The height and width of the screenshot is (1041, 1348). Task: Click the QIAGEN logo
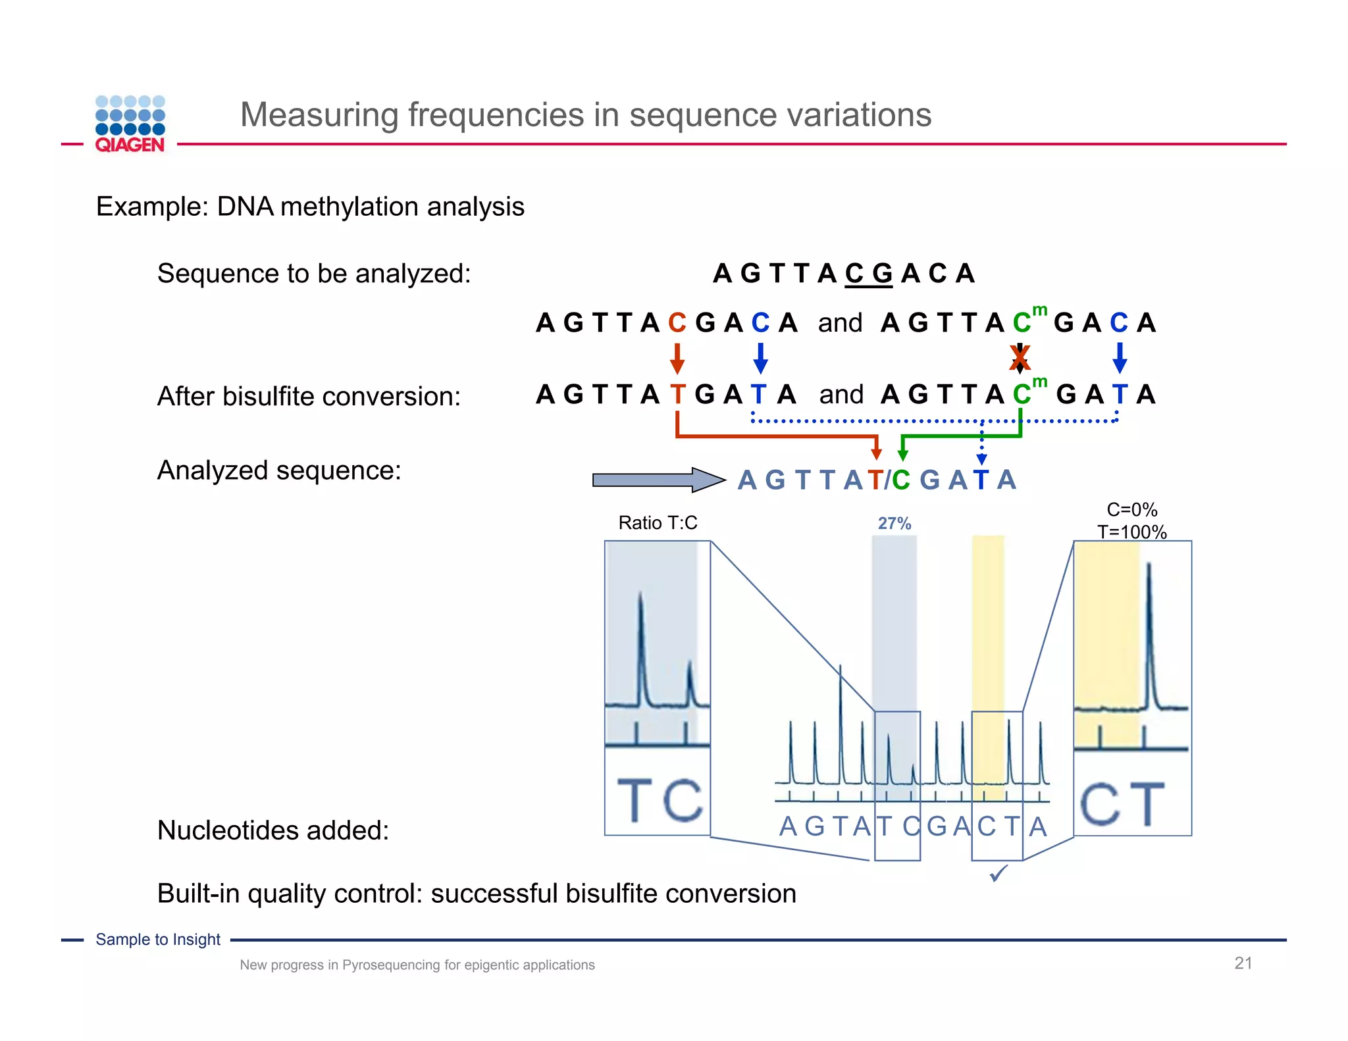[130, 124]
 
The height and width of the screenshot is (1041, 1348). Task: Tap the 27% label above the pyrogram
[894, 524]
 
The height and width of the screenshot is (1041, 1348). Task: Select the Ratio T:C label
[658, 523]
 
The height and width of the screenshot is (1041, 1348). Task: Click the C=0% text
[1131, 510]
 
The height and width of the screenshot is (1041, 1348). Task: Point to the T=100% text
[1131, 532]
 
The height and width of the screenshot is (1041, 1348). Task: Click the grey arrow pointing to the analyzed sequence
[657, 480]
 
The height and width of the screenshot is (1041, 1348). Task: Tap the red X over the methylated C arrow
[1020, 358]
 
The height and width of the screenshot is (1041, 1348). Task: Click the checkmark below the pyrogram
[998, 874]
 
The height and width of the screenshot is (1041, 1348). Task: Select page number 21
[1243, 963]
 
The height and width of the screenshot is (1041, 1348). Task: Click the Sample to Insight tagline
[158, 940]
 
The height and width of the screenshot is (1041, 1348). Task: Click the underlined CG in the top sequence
[868, 274]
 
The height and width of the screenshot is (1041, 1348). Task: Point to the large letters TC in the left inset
[658, 800]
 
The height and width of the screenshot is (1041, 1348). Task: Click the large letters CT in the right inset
[1122, 803]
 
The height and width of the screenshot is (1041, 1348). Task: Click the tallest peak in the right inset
[1149, 632]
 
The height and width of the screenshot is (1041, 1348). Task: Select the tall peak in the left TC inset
[640, 648]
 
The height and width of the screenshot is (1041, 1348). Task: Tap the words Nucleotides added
[273, 830]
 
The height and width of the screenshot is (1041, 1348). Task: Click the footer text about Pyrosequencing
[417, 965]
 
